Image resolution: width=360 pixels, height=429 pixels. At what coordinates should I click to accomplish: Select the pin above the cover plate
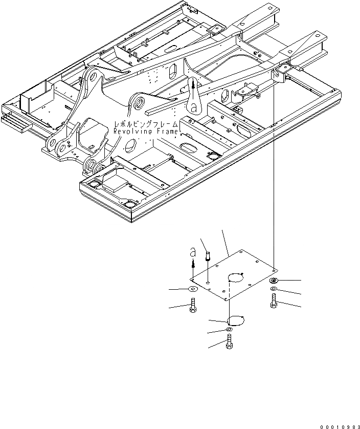click(x=208, y=255)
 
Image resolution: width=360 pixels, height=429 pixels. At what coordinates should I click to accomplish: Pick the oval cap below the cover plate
click(x=235, y=320)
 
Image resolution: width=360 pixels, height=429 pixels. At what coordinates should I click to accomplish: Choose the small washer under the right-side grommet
click(x=275, y=290)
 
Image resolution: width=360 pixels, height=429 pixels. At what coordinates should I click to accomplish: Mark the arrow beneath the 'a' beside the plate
click(x=193, y=263)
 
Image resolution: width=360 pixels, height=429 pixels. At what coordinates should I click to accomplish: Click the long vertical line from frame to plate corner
click(x=275, y=179)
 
